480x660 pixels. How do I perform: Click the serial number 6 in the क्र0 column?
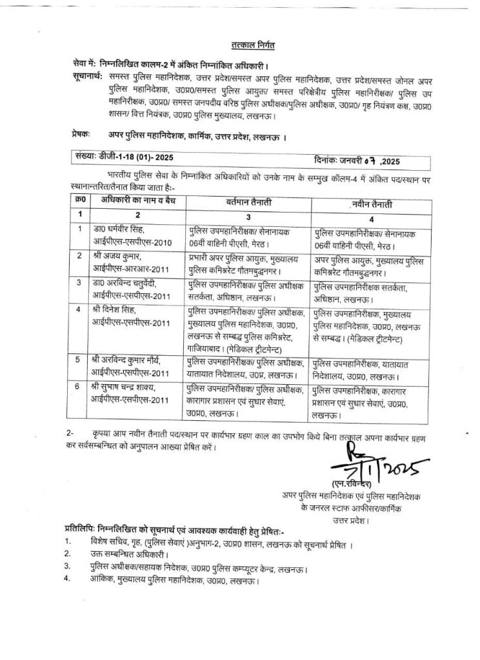tap(79, 387)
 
